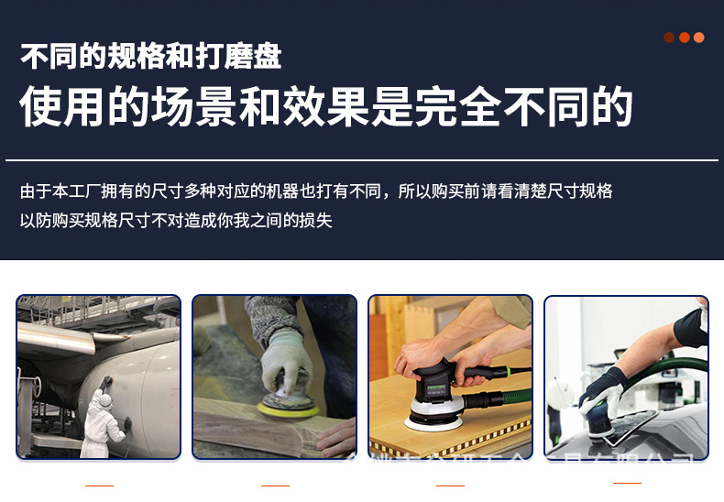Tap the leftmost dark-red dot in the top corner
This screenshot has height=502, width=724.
point(669,38)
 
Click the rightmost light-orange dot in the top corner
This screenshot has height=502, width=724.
point(699,38)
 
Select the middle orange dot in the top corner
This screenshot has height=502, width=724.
point(684,38)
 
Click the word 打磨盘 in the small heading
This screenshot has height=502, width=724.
point(239,56)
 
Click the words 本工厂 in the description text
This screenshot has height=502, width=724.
point(70,191)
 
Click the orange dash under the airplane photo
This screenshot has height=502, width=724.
point(99,485)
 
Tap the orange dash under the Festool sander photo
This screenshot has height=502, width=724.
point(451,485)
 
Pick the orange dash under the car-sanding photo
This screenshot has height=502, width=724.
point(627,482)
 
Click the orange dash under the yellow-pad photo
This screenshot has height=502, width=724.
point(275,485)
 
